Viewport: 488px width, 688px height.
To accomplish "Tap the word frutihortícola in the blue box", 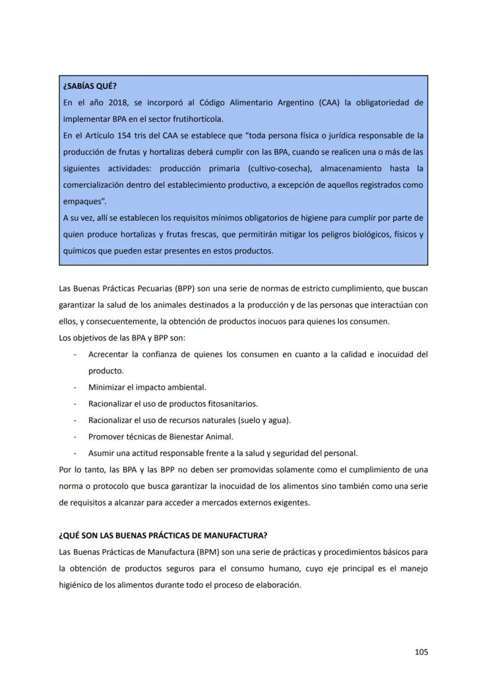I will point(190,119).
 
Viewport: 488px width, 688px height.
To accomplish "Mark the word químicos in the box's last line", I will point(78,251).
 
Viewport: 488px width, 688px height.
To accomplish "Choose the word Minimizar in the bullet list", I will point(106,387).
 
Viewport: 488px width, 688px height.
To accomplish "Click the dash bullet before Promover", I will point(75,437).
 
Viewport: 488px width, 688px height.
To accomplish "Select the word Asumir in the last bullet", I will point(101,453).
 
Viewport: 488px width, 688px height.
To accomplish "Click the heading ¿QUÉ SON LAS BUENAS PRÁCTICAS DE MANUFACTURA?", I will point(163,536).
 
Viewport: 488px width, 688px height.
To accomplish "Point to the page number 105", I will point(421,652).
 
